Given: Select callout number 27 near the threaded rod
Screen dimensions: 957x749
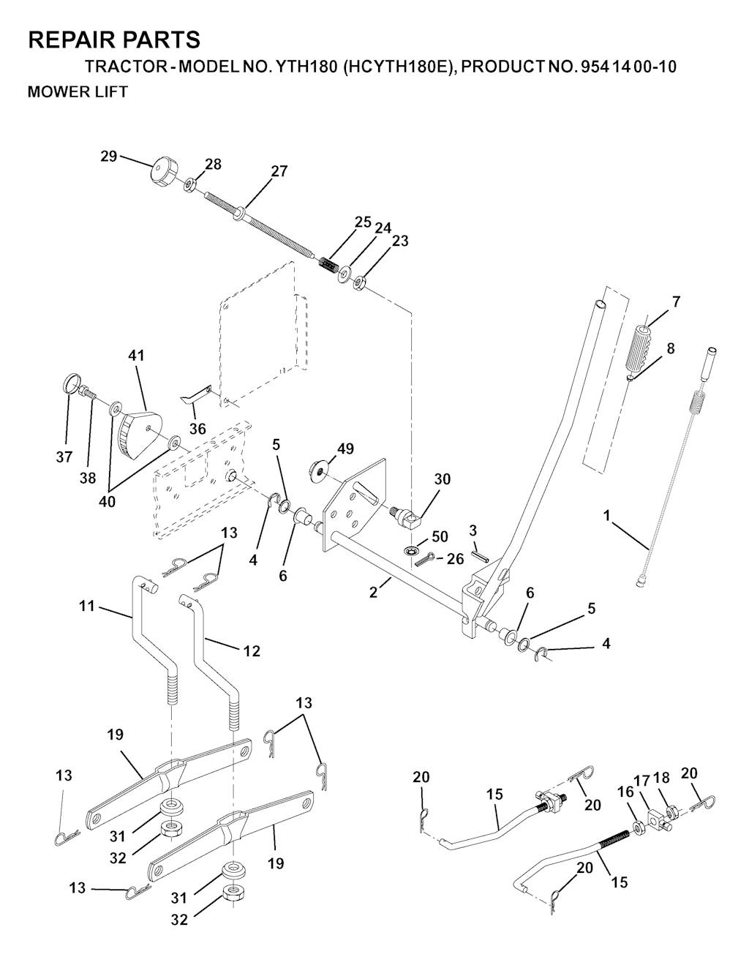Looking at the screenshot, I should tap(279, 171).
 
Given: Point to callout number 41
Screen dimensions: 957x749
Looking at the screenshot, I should tap(136, 356).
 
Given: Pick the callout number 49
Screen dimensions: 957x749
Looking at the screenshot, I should tap(345, 448).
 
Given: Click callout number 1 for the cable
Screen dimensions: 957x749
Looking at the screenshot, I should tap(606, 516).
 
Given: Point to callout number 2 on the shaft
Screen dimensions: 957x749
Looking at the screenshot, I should tap(373, 593).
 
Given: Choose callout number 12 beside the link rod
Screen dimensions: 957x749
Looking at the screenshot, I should tap(251, 650).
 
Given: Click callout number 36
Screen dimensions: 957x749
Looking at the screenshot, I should tap(197, 429).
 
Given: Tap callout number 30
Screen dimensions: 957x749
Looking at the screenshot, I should tap(442, 479).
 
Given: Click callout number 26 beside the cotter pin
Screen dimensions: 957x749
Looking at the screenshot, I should tap(455, 560).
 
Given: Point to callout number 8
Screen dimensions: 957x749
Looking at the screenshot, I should tap(670, 348).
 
